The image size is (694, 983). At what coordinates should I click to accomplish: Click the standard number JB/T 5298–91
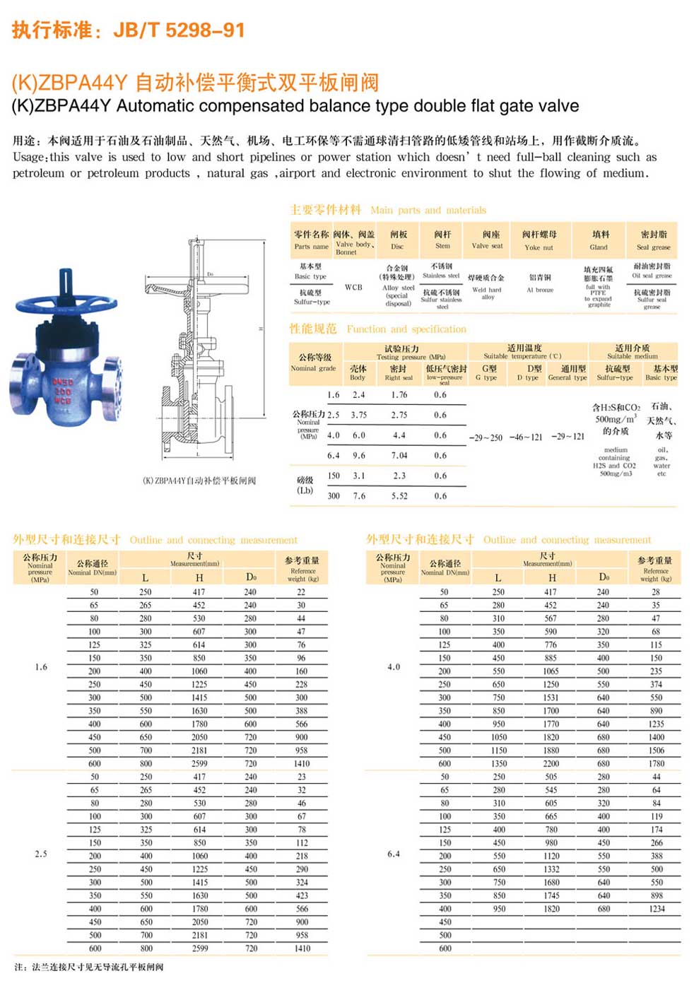(179, 30)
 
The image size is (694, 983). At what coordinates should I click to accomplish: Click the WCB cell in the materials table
(353, 287)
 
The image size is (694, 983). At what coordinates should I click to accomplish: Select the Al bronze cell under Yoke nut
(540, 290)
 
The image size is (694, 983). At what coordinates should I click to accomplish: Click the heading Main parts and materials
(428, 210)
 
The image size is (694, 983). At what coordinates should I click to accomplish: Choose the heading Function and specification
(406, 329)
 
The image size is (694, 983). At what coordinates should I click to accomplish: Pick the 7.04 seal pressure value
(399, 456)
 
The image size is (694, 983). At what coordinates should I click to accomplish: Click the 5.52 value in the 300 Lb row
(399, 496)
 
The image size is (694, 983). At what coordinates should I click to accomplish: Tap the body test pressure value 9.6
(359, 456)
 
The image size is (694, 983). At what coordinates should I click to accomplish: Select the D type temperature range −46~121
(526, 437)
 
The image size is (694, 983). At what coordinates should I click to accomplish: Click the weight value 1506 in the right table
(657, 751)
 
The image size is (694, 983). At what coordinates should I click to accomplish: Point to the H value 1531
(551, 697)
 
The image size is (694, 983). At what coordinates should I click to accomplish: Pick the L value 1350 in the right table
(499, 763)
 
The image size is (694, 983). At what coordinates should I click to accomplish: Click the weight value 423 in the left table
(302, 895)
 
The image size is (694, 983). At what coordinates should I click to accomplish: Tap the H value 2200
(551, 763)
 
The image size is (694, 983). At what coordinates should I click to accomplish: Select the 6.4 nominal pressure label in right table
(394, 854)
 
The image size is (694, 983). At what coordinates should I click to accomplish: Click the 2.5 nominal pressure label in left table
(41, 854)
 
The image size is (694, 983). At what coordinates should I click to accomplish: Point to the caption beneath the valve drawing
(199, 481)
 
